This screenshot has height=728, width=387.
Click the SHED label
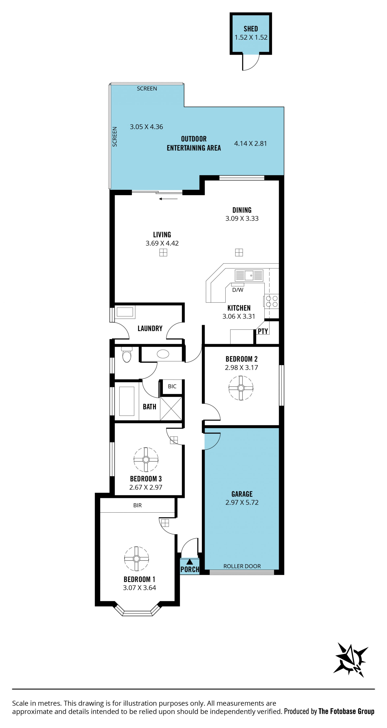251,29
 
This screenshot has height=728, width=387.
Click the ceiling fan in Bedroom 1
136,559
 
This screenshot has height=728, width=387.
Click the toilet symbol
127,354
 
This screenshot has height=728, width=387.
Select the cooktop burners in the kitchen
272,301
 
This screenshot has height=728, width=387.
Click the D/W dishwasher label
238,290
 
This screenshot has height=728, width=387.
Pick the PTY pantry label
263,331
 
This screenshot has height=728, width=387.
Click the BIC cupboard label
172,386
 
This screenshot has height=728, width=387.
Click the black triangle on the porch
189,562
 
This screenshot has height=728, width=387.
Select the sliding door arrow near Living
168,199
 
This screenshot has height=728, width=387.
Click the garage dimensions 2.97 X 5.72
242,502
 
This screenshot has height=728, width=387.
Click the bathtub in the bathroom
127,401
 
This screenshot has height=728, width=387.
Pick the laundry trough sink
125,312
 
